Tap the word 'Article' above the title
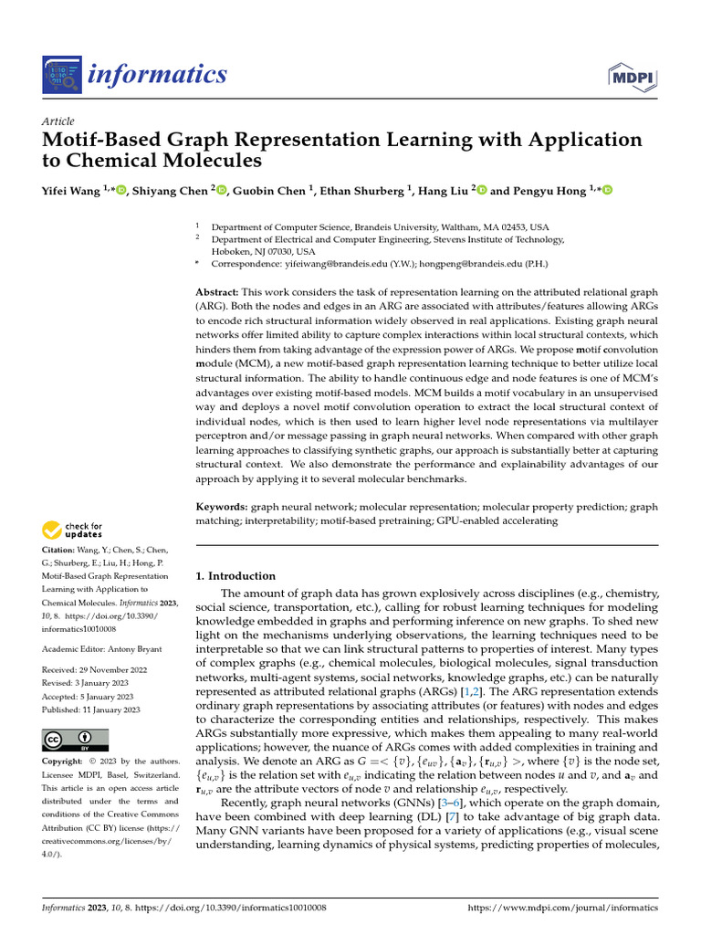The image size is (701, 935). click(x=58, y=121)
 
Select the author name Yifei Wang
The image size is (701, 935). click(x=72, y=190)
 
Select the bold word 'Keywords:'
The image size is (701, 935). click(x=222, y=506)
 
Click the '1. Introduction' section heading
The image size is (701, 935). click(x=235, y=576)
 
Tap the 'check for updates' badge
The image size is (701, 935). click(x=72, y=530)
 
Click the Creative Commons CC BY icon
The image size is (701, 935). click(x=75, y=740)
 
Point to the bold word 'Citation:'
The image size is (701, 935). click(x=60, y=551)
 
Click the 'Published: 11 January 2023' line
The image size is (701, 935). click(x=91, y=709)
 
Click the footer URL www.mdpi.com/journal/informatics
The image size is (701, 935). click(x=562, y=909)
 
